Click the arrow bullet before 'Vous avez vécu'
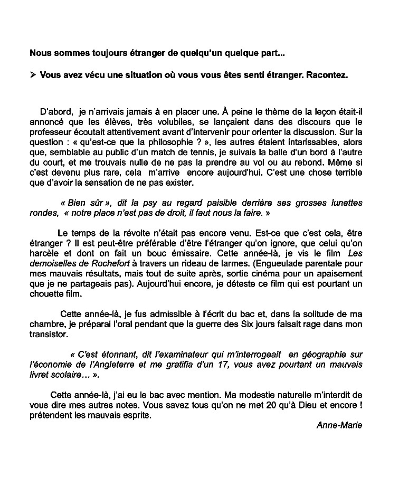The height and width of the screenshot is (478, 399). [x=33, y=74]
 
